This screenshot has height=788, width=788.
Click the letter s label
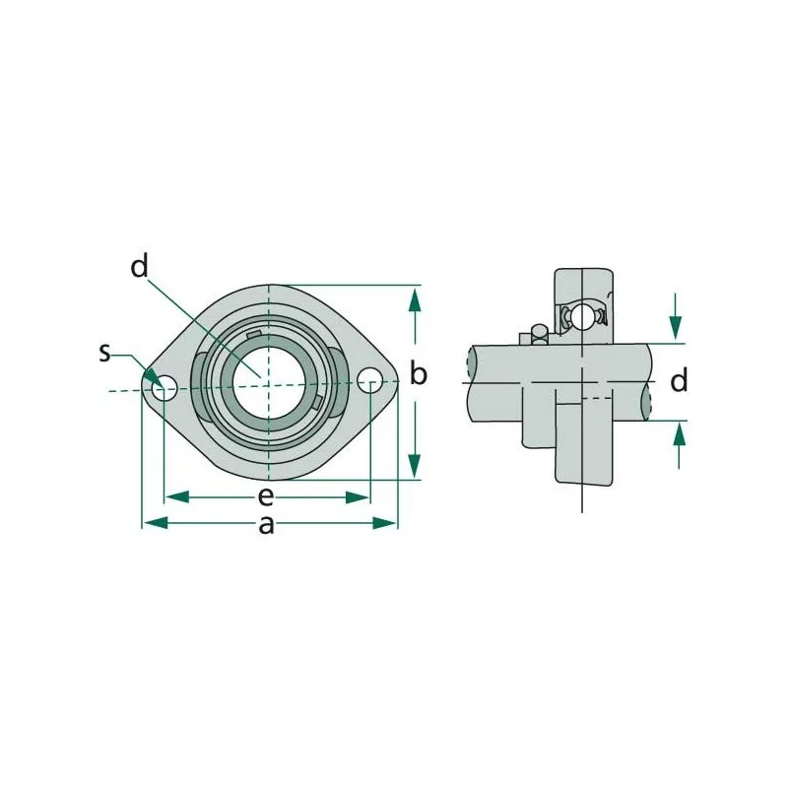coord(104,353)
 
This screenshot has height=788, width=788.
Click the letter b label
coord(418,373)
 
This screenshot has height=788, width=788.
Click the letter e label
coord(266,497)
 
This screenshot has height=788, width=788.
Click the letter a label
coord(266,525)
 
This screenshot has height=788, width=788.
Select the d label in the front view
coord(139,266)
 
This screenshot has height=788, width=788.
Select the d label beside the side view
coord(679,380)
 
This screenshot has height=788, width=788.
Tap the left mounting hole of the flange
coord(164,388)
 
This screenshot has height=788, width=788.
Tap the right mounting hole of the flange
coord(370,380)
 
